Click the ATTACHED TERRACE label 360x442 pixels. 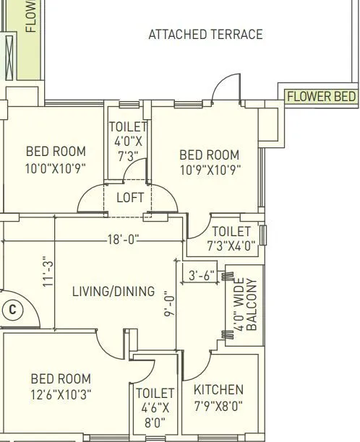[x=205, y=35]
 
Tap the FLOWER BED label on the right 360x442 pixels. [x=321, y=96]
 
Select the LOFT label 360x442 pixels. [x=130, y=198]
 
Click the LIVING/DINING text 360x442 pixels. [x=113, y=292]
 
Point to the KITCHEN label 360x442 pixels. [x=218, y=390]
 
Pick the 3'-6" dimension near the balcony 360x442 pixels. [x=202, y=275]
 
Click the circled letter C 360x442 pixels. [x=12, y=310]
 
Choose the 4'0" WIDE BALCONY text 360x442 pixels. [x=246, y=305]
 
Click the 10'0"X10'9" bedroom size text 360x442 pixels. [x=56, y=169]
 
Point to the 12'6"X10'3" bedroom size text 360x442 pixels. [x=61, y=394]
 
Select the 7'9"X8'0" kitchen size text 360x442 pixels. [x=218, y=406]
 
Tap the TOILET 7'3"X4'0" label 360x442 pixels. [x=231, y=238]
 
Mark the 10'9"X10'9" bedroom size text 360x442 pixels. [x=210, y=170]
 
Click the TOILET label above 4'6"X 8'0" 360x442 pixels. [x=155, y=394]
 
